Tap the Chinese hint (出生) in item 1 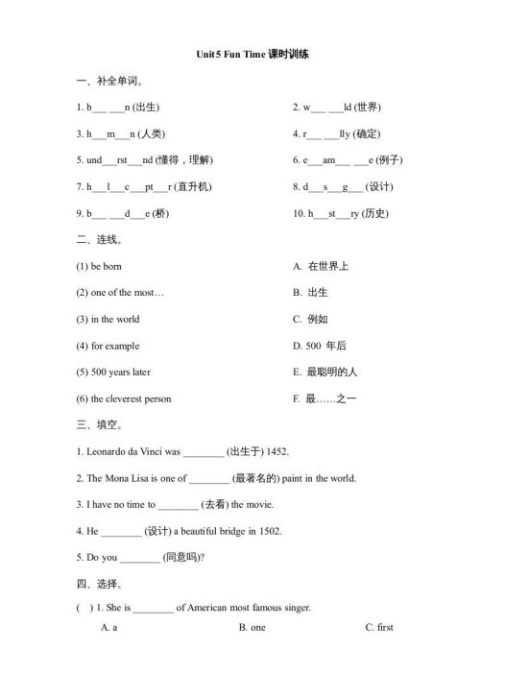point(145,108)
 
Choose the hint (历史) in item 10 point(375,214)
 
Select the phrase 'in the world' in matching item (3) point(114,319)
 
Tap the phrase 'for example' point(114,346)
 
